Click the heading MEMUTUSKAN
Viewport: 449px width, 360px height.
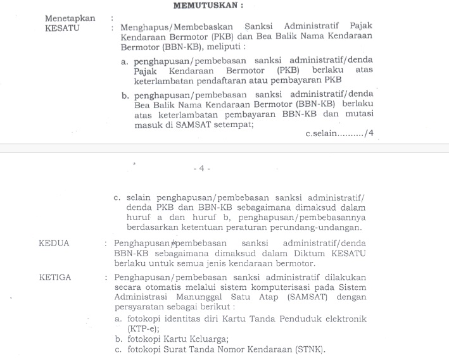(208, 6)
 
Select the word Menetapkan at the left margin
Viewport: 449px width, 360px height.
(70, 18)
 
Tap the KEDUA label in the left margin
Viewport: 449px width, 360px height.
(54, 243)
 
